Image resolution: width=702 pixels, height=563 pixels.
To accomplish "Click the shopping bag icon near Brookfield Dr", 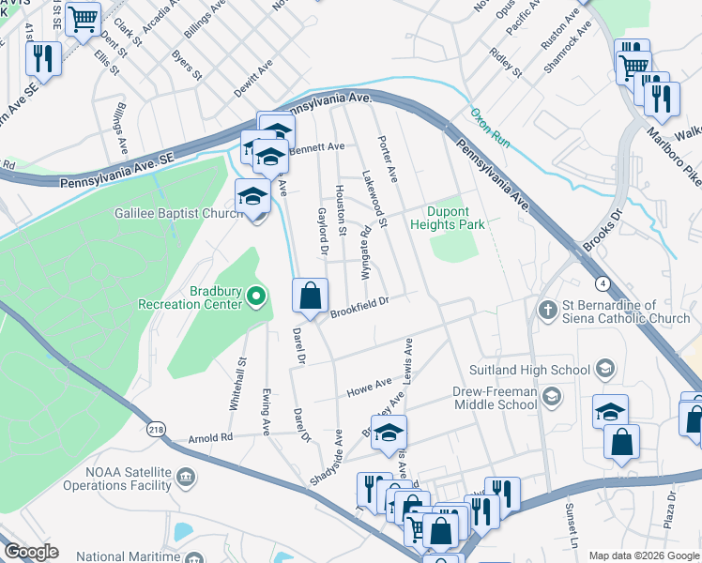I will click(x=310, y=297).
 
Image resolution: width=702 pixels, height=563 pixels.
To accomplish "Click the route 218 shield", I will click(x=157, y=429).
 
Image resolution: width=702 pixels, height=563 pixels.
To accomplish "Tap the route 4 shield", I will click(x=601, y=282).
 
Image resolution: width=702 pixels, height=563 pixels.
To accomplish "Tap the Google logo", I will click(x=32, y=552).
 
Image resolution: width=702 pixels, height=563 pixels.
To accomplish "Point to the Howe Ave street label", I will click(x=369, y=386).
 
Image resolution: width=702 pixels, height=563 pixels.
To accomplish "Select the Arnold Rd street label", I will click(x=209, y=437).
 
